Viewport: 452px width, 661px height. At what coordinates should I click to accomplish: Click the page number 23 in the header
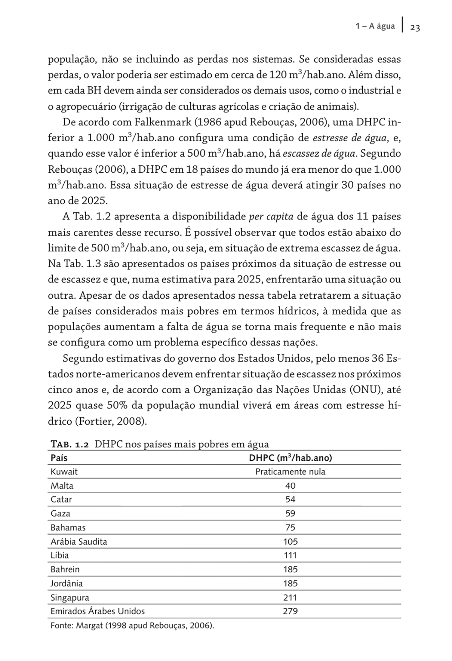point(415,28)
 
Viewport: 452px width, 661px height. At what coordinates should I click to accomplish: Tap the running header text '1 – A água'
point(375,26)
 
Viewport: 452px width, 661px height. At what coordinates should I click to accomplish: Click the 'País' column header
point(59,458)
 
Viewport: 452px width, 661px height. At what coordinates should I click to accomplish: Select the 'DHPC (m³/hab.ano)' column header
point(290,458)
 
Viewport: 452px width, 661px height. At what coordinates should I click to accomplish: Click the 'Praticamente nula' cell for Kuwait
point(290,472)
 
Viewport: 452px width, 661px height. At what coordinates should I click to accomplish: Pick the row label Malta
point(62,486)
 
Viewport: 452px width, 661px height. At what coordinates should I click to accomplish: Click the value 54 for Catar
point(290,500)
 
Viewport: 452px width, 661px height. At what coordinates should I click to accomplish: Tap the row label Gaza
point(61,514)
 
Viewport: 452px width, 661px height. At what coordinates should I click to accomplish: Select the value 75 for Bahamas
point(290,528)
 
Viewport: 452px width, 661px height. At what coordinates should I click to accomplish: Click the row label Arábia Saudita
point(79,541)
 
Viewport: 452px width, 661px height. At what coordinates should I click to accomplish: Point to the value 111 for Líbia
point(290,555)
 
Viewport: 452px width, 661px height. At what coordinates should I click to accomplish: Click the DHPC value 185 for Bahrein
point(290,569)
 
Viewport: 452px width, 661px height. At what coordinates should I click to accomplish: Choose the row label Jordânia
point(67,584)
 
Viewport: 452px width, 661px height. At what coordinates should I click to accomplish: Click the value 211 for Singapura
point(290,598)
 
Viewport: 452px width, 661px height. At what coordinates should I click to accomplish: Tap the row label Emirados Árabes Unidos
point(98,611)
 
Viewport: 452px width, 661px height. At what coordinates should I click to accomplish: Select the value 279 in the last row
point(290,611)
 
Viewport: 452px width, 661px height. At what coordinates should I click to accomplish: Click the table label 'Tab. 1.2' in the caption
point(70,444)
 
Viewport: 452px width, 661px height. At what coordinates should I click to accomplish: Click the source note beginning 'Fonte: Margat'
point(132,626)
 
